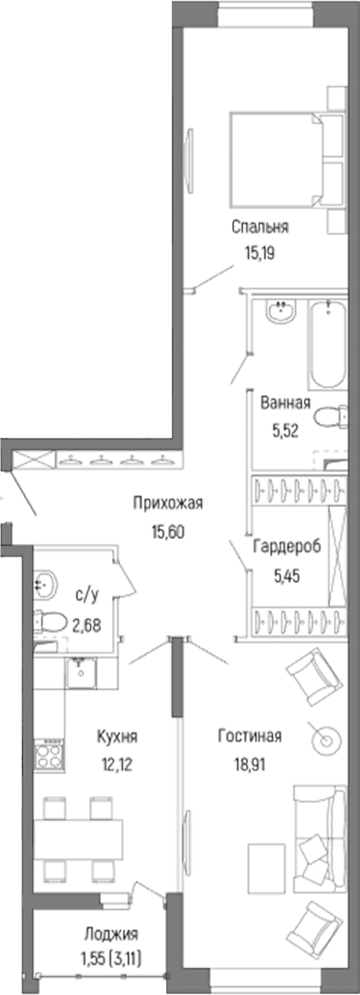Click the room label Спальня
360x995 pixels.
point(259,227)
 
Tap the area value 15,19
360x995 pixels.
point(259,253)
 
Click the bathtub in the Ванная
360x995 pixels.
point(329,347)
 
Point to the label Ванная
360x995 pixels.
point(284,402)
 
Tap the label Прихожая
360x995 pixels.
point(168,504)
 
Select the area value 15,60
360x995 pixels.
point(168,530)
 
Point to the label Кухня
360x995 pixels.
point(116,737)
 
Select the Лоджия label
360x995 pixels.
point(111,934)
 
